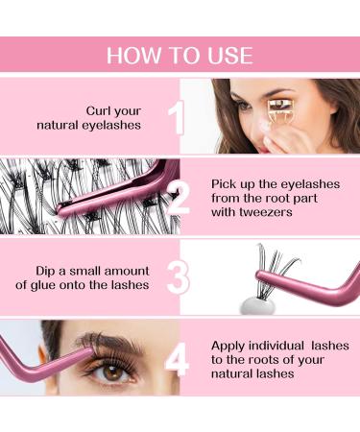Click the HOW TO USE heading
pyautogui.click(x=180, y=54)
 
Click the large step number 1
pyautogui.click(x=176, y=118)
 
